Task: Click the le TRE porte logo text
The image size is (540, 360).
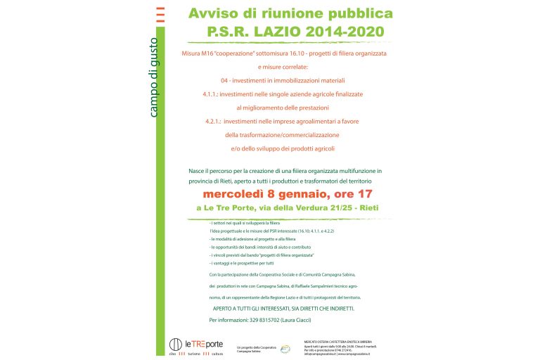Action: tap(203, 344)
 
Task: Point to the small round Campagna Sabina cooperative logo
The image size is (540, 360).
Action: tap(284, 348)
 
